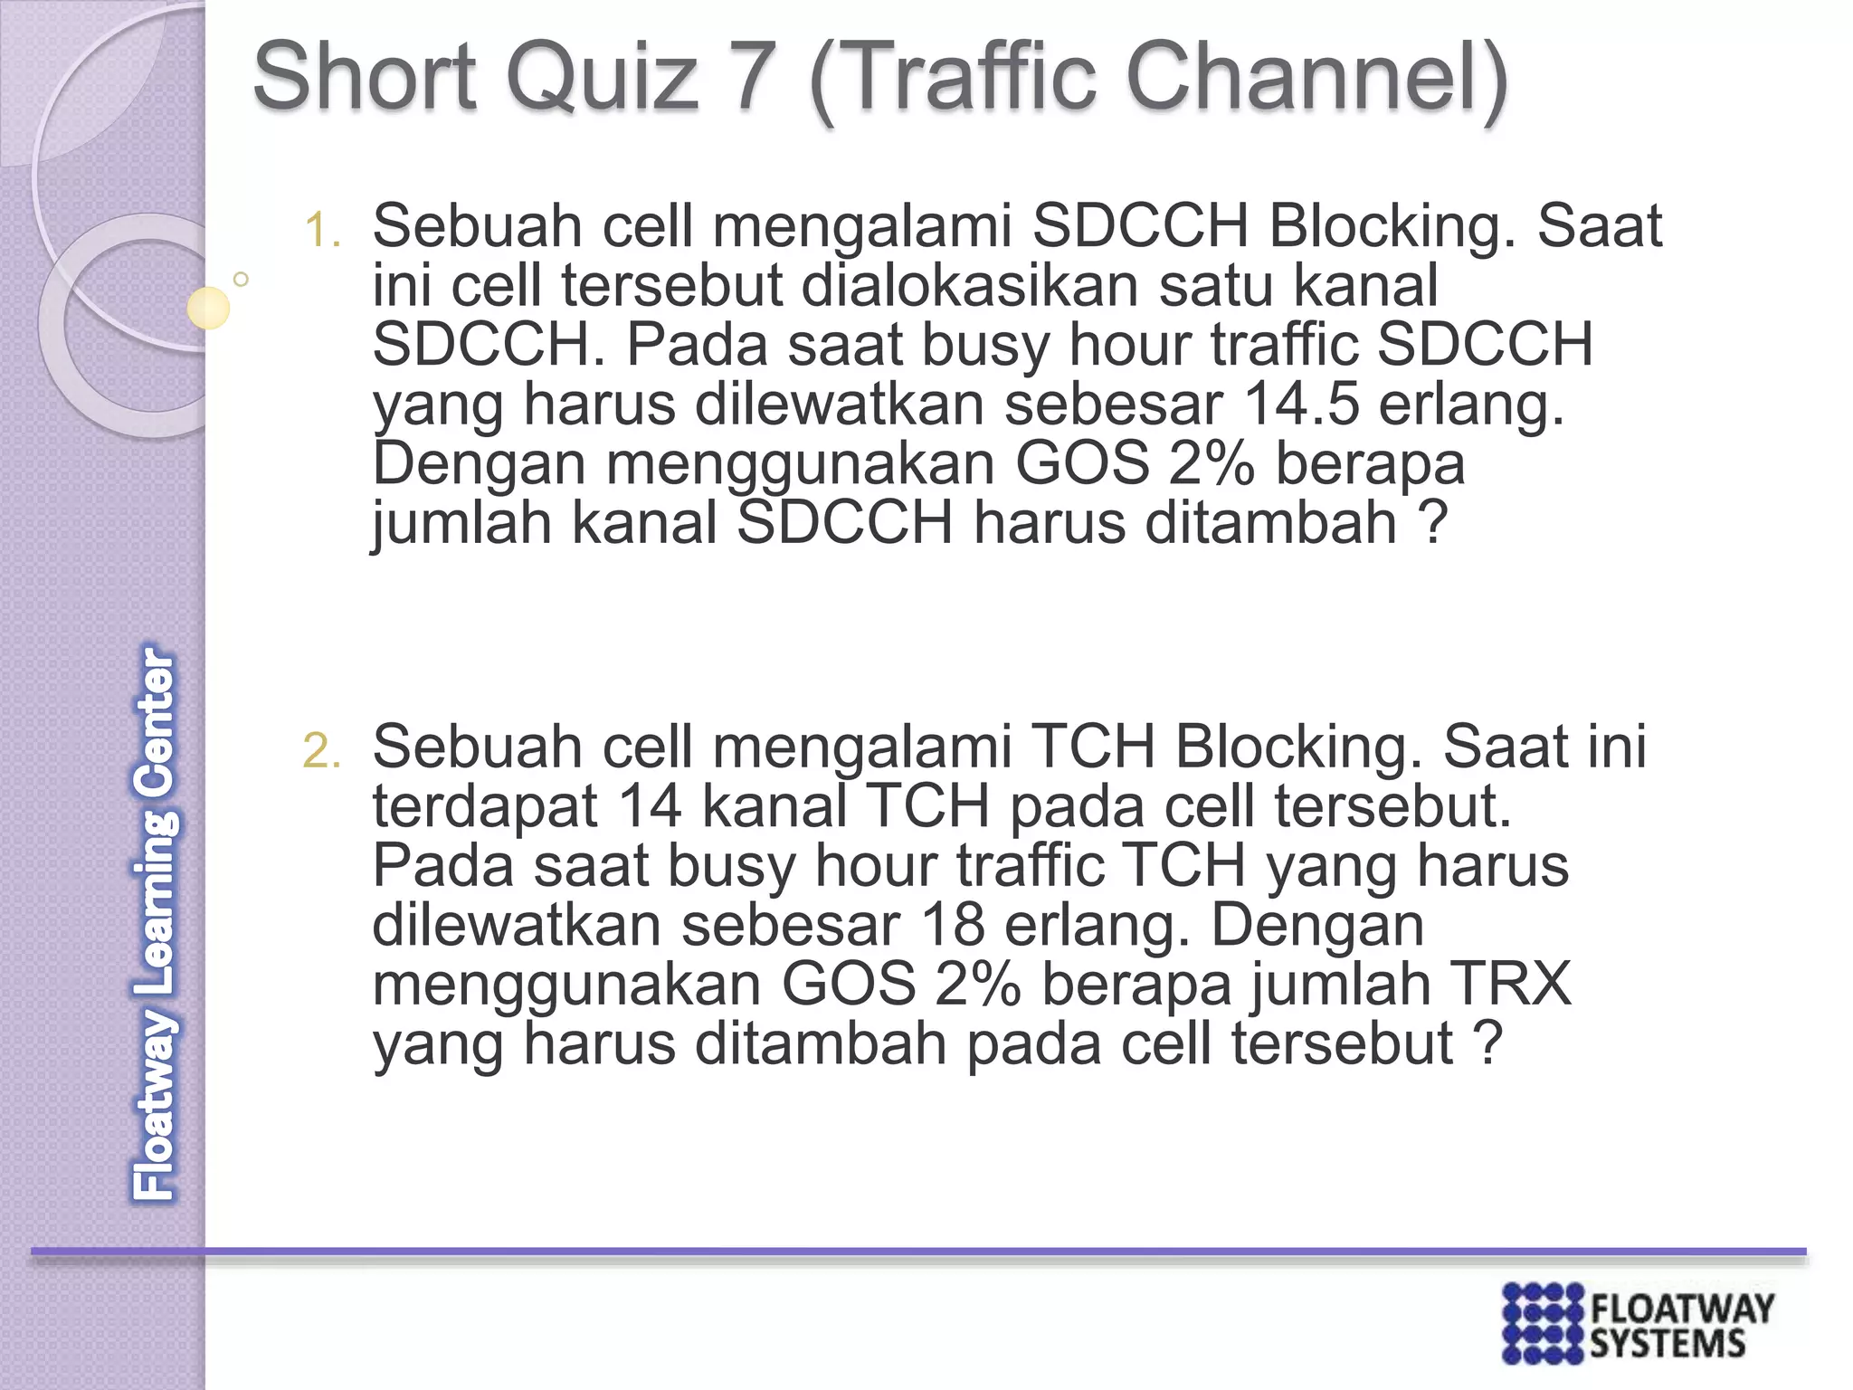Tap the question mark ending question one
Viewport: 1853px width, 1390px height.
[x=1432, y=523]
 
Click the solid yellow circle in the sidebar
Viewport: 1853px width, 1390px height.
[x=208, y=308]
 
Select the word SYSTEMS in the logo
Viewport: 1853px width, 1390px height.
[x=1667, y=1344]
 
